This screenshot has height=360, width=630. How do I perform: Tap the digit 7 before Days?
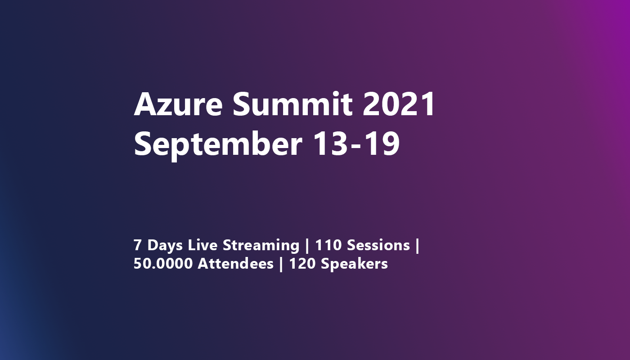tap(138, 245)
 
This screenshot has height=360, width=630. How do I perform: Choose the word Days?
tap(165, 246)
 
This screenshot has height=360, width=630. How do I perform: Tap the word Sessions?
tap(378, 245)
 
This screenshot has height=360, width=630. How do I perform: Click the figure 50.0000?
tap(163, 264)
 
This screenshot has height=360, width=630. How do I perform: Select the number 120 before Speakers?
tap(303, 264)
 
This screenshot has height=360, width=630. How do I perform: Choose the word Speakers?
tap(354, 264)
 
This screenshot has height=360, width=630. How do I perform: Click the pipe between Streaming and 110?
tap(307, 246)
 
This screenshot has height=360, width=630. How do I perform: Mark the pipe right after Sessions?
tap(418, 246)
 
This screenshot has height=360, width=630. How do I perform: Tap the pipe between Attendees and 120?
tap(281, 264)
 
